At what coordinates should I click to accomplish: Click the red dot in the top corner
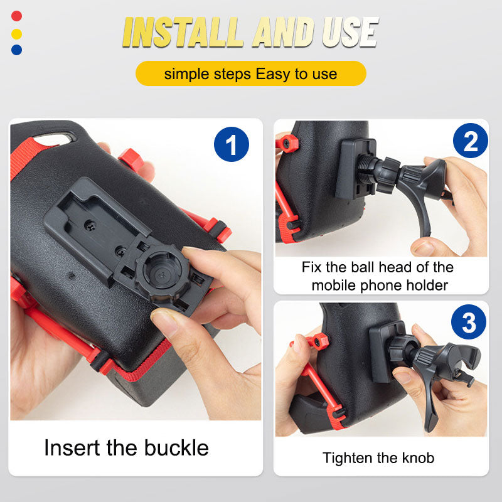16,16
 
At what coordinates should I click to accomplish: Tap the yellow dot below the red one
16,33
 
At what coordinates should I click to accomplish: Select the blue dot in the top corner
16,50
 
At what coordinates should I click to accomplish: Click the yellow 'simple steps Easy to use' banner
250,74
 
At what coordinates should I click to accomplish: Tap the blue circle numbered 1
231,145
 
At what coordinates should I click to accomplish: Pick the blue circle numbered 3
469,323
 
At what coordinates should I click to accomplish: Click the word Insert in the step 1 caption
71,448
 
